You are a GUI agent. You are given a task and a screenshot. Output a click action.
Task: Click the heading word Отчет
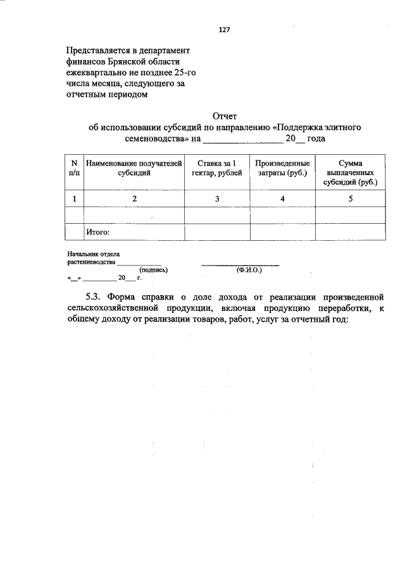pyautogui.click(x=225, y=116)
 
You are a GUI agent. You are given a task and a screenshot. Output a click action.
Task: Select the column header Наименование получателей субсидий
pyautogui.click(x=134, y=167)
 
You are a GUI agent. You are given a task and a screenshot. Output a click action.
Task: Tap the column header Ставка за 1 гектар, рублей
pyautogui.click(x=216, y=167)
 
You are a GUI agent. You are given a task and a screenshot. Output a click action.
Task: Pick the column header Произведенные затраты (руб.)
pyautogui.click(x=282, y=167)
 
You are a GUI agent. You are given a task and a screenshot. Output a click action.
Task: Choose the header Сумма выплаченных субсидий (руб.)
pyautogui.click(x=350, y=172)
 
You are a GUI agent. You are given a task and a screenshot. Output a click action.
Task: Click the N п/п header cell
pyautogui.click(x=75, y=167)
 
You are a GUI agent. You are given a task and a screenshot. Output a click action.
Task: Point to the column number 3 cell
pyautogui.click(x=216, y=199)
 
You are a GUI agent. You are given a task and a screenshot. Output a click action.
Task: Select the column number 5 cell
pyautogui.click(x=350, y=199)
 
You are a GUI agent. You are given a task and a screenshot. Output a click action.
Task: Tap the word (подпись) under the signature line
pyautogui.click(x=153, y=269)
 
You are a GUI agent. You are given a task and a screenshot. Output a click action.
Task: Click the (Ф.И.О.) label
pyautogui.click(x=248, y=269)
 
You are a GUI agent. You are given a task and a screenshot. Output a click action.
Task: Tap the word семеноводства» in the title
pyautogui.click(x=149, y=138)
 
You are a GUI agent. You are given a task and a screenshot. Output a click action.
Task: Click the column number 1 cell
pyautogui.click(x=75, y=199)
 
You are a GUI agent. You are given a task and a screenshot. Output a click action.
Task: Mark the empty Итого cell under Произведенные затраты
pyautogui.click(x=282, y=232)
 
